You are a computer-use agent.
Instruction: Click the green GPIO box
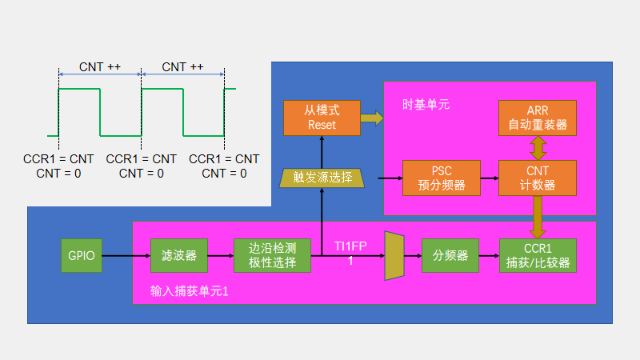(80, 256)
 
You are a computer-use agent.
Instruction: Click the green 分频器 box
(450, 256)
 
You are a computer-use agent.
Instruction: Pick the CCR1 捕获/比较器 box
(538, 256)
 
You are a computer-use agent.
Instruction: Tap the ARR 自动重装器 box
(538, 118)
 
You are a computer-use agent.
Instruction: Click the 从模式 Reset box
(321, 118)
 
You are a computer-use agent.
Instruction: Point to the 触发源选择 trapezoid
(321, 178)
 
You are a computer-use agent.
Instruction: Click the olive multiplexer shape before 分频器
(394, 256)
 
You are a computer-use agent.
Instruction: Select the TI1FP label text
(350, 246)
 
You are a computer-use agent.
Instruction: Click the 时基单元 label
(426, 105)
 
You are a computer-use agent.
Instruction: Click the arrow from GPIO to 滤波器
(125, 256)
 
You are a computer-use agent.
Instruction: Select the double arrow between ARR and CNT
(538, 147)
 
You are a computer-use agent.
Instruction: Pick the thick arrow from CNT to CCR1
(538, 216)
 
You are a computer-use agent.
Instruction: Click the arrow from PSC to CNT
(490, 178)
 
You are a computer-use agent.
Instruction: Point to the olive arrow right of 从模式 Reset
(370, 118)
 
